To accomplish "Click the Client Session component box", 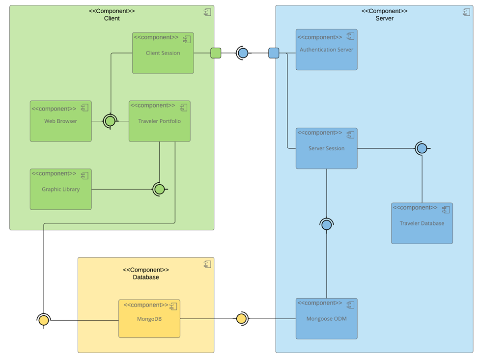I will (163, 53).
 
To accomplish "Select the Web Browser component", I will (60, 121).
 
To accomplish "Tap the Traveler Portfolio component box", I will (159, 121).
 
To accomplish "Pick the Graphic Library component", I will (60, 189).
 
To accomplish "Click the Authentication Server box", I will (326, 50).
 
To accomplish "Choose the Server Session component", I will (326, 148).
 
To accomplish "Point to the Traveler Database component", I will (422, 223).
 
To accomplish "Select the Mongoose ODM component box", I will (326, 319).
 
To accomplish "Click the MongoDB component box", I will (149, 319).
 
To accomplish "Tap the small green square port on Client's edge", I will (216, 53).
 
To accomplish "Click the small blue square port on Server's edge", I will (274, 53).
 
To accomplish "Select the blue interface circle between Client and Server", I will (243, 53).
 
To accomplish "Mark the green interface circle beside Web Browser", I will (110, 121).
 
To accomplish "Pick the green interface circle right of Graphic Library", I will (159, 189).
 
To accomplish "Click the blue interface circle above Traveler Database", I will (422, 148).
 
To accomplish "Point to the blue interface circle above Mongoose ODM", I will (326, 225).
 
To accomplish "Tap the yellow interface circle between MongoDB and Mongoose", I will (241, 319).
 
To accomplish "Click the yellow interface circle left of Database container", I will (44, 320).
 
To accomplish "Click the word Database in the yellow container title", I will (145, 277).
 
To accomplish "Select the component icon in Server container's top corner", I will (466, 12).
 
